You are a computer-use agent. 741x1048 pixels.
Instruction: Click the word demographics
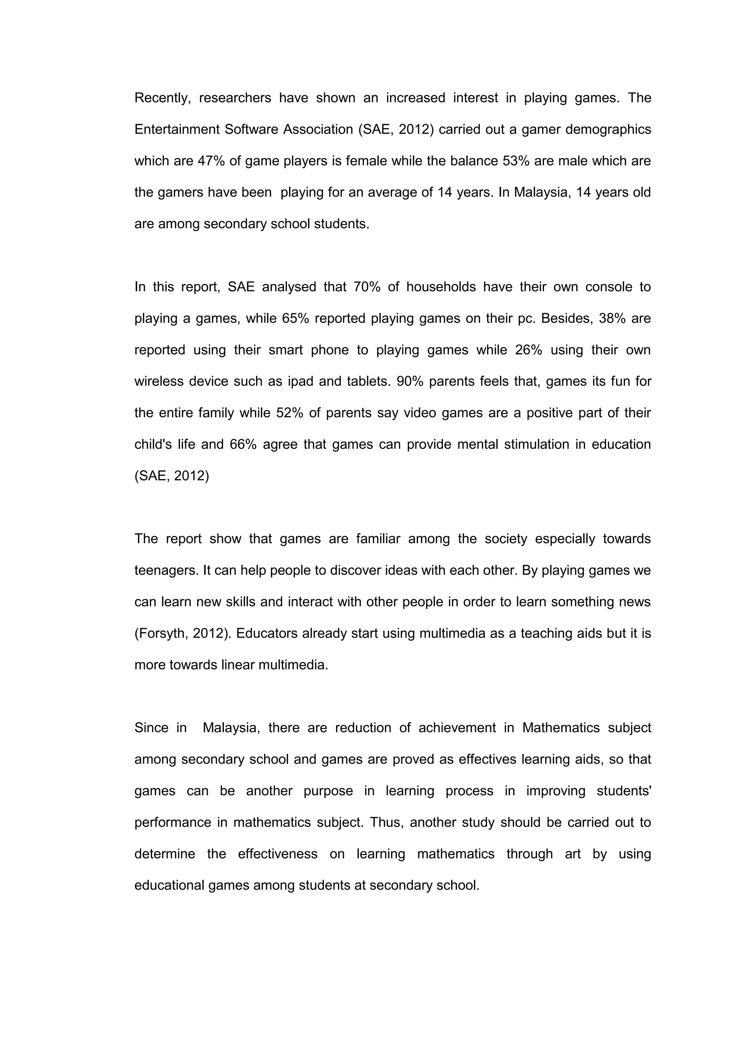[608, 130]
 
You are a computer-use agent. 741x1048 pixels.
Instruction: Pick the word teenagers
[166, 571]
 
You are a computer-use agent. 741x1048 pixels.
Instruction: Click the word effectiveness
[278, 854]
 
